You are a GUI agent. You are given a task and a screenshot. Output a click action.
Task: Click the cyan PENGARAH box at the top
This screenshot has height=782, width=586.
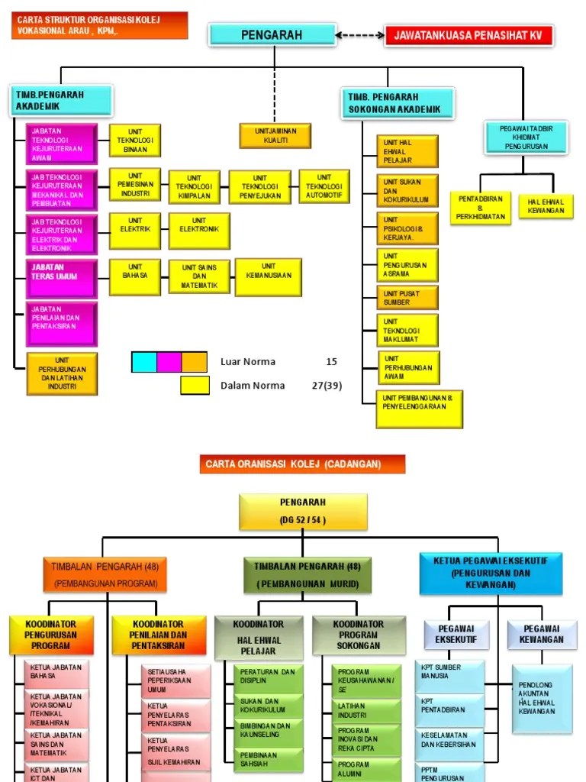tap(272, 34)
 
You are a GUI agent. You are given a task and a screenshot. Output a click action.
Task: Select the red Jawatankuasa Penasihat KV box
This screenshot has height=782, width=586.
tap(469, 35)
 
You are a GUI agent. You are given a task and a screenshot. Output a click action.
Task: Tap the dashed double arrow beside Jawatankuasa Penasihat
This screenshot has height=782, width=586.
tap(360, 34)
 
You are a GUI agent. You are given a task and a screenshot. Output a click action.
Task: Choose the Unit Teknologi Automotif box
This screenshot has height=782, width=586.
tap(324, 186)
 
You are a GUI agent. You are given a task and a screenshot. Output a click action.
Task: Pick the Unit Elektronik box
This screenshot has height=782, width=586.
tap(199, 230)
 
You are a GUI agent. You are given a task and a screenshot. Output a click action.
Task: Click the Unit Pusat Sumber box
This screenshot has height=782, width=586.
tap(407, 297)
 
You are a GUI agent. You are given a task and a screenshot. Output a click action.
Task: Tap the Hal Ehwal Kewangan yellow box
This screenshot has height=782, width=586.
tap(546, 206)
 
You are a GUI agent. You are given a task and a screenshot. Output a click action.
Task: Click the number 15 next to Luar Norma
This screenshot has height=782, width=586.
tap(331, 362)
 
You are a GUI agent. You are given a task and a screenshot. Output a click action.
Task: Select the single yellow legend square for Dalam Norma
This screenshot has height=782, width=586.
tap(195, 386)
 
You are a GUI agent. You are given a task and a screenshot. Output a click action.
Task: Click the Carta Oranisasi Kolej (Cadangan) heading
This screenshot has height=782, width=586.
tap(303, 464)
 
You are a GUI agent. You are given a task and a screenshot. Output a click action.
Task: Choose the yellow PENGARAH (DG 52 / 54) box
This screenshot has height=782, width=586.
tap(303, 511)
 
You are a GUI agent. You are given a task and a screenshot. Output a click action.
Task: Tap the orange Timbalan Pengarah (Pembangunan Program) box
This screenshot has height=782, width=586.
tap(105, 574)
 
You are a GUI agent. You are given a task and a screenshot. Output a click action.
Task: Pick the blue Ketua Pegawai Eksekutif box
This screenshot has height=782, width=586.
tap(491, 574)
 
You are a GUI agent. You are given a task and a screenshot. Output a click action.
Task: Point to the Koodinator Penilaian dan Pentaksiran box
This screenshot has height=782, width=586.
tap(159, 635)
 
